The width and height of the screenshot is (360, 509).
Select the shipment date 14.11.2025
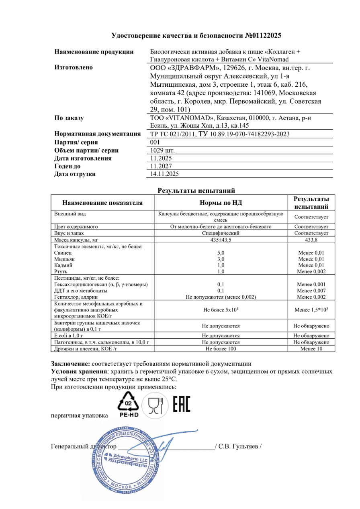[x=164, y=174]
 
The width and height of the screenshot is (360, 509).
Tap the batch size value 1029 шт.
[x=162, y=151]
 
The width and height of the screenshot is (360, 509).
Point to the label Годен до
[x=67, y=166]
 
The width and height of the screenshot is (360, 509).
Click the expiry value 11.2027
[x=160, y=166]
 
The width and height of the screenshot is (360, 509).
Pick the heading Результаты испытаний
[x=196, y=190]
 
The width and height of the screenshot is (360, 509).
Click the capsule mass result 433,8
[x=311, y=240]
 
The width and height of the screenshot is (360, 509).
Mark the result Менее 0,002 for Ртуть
[x=311, y=272]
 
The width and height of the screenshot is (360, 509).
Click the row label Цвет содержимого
[x=76, y=226]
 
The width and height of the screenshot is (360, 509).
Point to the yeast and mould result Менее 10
[x=311, y=348]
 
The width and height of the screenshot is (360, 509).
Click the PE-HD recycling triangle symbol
[x=129, y=403]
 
